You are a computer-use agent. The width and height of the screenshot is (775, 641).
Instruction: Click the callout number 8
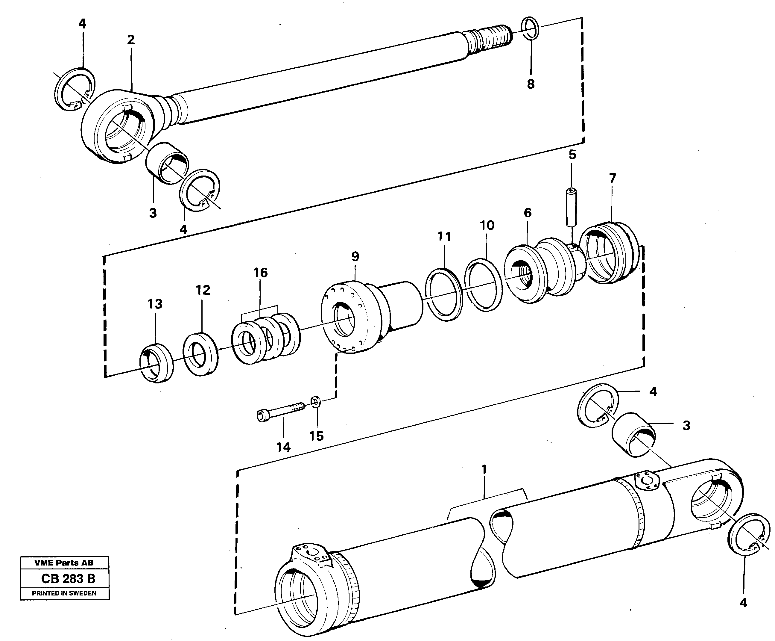531,84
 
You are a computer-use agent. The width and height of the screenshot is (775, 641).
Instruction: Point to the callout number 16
260,273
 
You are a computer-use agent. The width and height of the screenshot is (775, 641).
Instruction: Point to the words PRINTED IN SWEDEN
64,593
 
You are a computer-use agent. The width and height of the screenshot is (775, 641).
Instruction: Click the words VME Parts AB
64,563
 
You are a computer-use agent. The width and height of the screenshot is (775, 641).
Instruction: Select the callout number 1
484,470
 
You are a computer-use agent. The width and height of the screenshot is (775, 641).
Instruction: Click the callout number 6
528,213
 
